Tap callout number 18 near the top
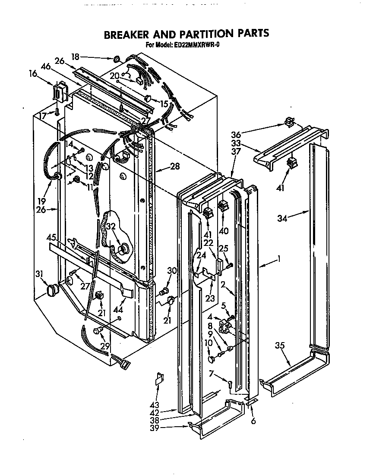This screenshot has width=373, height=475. pyautogui.click(x=76, y=57)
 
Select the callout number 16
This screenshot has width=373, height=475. pyautogui.click(x=33, y=74)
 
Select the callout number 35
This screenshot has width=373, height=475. pyautogui.click(x=280, y=346)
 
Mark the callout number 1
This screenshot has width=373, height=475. pyautogui.click(x=279, y=259)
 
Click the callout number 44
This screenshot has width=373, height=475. pyautogui.click(x=117, y=310)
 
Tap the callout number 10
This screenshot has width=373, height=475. pyautogui.click(x=208, y=342)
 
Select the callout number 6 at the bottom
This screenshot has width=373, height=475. pyautogui.click(x=253, y=421)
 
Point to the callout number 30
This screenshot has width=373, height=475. pyautogui.click(x=172, y=271)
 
